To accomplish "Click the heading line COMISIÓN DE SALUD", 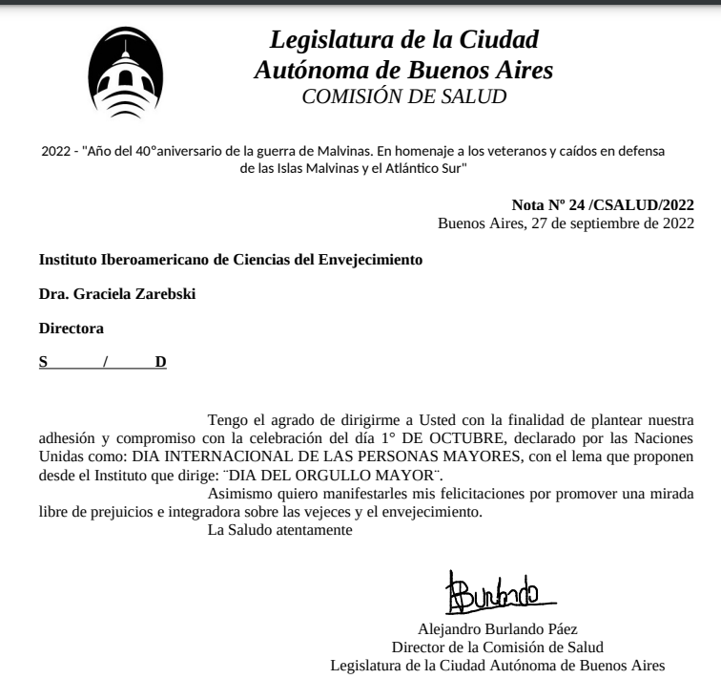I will tap(403, 95).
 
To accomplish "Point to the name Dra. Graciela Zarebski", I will tap(116, 293).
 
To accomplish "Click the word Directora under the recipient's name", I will tap(71, 328).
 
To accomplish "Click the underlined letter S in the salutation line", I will tap(43, 362).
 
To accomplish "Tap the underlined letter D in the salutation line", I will tap(160, 362).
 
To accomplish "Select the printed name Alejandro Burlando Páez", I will tap(498, 627).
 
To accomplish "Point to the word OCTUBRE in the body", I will tap(540, 438).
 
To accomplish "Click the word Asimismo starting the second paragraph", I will tap(245, 494).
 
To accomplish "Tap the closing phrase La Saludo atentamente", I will tap(280, 530).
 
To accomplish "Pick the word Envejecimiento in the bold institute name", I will tap(361, 259).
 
